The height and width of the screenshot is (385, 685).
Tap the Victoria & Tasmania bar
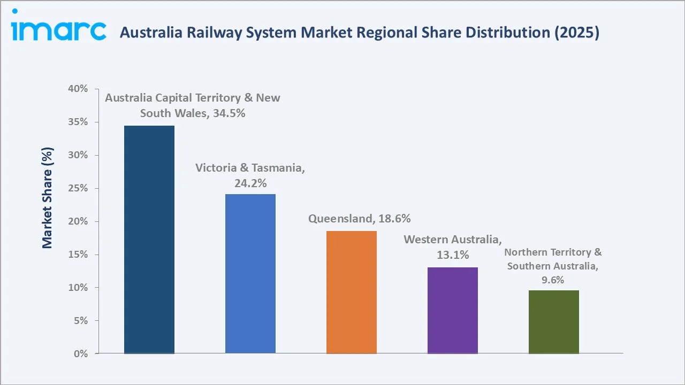(250, 273)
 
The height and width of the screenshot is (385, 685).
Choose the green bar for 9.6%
(554, 322)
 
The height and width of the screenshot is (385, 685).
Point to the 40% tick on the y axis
(78, 89)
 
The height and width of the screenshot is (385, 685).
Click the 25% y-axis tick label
(78, 188)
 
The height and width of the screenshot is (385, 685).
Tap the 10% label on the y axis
(78, 288)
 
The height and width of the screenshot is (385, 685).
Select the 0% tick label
(80, 354)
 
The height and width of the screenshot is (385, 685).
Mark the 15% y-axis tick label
(78, 255)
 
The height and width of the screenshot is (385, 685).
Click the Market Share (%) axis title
(48, 198)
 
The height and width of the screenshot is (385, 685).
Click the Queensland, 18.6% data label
(359, 219)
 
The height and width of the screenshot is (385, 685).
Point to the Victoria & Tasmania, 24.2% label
(250, 175)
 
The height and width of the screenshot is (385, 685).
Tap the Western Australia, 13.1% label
(453, 247)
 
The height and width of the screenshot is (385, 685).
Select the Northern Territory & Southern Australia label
(553, 266)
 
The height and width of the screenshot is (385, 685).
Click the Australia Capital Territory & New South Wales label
(193, 105)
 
